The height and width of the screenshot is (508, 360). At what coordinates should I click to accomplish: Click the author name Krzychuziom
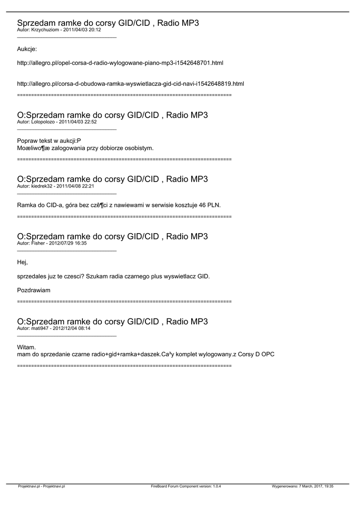[x=46, y=30]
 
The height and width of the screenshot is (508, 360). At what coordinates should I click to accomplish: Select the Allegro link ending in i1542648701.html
[x=120, y=63]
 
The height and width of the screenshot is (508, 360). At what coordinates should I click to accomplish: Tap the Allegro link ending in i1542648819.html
[x=131, y=84]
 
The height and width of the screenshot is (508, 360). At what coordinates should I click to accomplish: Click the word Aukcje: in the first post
[x=27, y=49]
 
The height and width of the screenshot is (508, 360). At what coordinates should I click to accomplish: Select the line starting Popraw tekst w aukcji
[x=49, y=141]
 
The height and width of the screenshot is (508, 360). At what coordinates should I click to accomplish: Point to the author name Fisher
[x=38, y=243]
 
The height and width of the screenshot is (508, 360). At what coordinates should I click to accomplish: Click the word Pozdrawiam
[x=34, y=290]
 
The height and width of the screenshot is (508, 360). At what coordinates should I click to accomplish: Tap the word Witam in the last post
[x=26, y=347]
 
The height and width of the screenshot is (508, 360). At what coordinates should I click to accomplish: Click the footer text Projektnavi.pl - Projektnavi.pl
[x=41, y=487]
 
